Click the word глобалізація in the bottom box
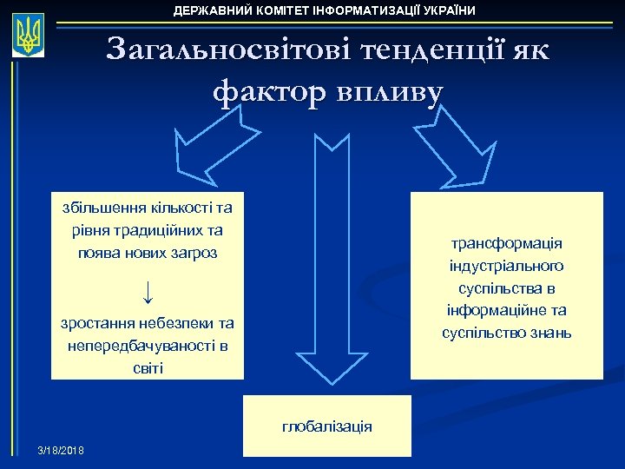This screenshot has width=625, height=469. click(327, 426)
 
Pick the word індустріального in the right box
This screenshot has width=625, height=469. click(507, 266)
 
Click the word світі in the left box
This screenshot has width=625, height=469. click(148, 368)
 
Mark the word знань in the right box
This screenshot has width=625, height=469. click(547, 333)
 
